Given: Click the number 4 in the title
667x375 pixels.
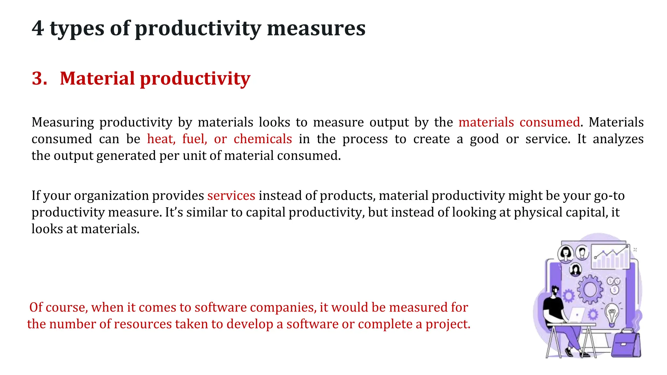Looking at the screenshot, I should pyautogui.click(x=38, y=28).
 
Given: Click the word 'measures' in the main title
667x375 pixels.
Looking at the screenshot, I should pyautogui.click(x=316, y=28).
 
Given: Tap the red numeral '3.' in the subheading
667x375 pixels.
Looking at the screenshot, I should pyautogui.click(x=39, y=78).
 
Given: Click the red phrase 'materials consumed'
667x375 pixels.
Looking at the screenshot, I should pyautogui.click(x=519, y=122).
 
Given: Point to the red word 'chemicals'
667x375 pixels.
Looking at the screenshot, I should pyautogui.click(x=263, y=139).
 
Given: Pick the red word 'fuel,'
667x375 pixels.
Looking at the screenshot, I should pyautogui.click(x=194, y=139).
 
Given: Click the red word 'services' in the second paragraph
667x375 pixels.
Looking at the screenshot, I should pyautogui.click(x=231, y=196).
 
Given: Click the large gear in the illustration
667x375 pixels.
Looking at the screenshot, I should pyautogui.click(x=590, y=289).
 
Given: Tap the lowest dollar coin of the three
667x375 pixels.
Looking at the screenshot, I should pyautogui.click(x=614, y=290).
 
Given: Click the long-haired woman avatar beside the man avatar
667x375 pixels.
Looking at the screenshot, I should pyautogui.click(x=565, y=253).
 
